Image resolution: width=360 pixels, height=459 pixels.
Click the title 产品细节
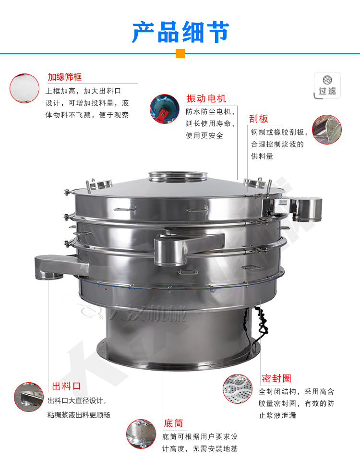(x=180, y=32)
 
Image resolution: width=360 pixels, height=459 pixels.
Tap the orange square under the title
(x=180, y=53)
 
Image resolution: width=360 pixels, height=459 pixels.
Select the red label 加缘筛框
(x=64, y=77)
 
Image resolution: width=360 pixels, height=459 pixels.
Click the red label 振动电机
(x=206, y=99)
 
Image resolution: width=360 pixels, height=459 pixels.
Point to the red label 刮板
(x=258, y=119)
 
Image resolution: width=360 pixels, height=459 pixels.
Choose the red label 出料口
(x=66, y=386)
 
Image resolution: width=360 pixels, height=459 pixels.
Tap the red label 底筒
(x=173, y=423)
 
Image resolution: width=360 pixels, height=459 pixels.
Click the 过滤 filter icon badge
(x=327, y=85)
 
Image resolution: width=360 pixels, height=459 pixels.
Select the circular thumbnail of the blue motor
(x=165, y=109)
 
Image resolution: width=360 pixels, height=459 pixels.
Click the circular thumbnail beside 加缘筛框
(x=24, y=88)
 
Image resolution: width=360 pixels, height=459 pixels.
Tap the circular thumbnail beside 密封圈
(x=238, y=388)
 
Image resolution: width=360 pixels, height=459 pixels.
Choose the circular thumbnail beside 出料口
(x=29, y=397)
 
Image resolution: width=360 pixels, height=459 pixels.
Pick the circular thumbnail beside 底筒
(x=141, y=435)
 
